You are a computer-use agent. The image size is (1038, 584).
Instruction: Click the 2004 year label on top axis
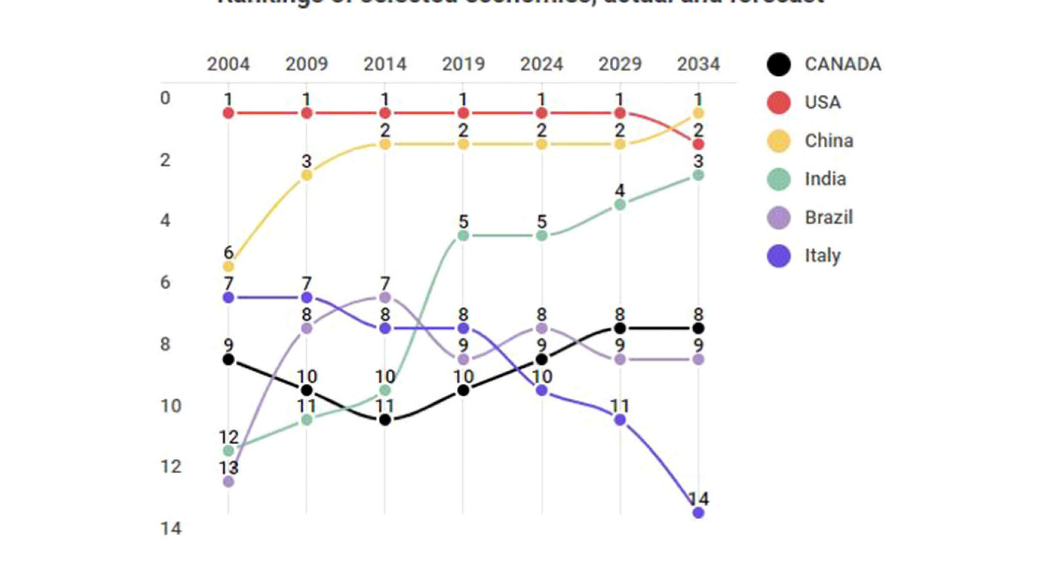pyautogui.click(x=228, y=64)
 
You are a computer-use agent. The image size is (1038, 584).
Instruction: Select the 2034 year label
pyautogui.click(x=698, y=64)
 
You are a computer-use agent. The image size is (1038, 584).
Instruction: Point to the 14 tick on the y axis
pyautogui.click(x=171, y=529)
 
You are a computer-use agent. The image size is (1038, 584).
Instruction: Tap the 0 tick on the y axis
pyautogui.click(x=165, y=98)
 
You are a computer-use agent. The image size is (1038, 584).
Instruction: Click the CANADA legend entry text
pyautogui.click(x=843, y=64)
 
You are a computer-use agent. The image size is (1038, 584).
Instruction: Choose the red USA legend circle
pyautogui.click(x=779, y=103)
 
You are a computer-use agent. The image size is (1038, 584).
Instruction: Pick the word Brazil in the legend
pyautogui.click(x=829, y=217)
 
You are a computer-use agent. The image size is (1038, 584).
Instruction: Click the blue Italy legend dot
pyautogui.click(x=779, y=256)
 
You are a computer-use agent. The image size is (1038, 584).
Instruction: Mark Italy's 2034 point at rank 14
pyautogui.click(x=698, y=513)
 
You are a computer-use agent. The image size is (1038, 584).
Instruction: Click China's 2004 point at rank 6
pyautogui.click(x=228, y=266)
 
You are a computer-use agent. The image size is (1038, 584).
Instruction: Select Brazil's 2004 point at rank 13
pyautogui.click(x=228, y=481)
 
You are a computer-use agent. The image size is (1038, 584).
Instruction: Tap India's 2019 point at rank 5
pyautogui.click(x=463, y=235)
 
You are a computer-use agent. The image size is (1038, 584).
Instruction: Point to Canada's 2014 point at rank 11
pyautogui.click(x=385, y=420)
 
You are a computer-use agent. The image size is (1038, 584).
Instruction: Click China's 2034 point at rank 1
pyautogui.click(x=698, y=113)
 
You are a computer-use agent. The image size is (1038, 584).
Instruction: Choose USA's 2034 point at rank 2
pyautogui.click(x=698, y=144)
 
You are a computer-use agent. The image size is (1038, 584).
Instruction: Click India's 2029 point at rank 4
pyautogui.click(x=620, y=205)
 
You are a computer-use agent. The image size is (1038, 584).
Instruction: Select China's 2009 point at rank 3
pyautogui.click(x=307, y=175)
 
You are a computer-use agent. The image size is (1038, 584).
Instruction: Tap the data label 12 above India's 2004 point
pyautogui.click(x=228, y=437)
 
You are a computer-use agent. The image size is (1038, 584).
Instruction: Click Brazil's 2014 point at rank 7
pyautogui.click(x=385, y=297)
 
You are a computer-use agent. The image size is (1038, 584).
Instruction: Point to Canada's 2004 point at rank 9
pyautogui.click(x=228, y=359)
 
